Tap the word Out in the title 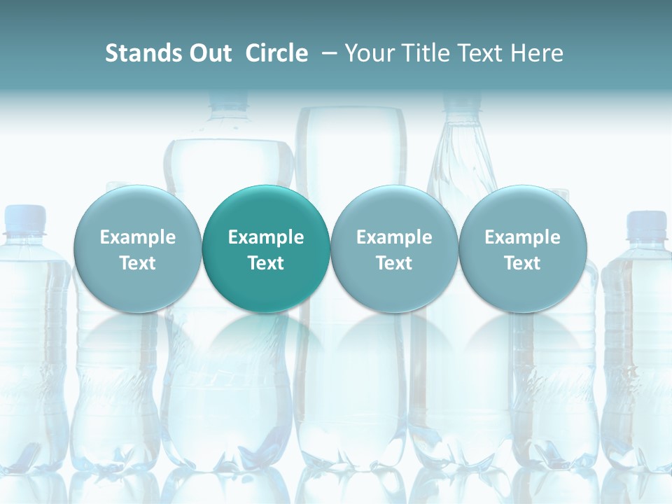[209, 53]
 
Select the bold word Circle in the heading [276, 53]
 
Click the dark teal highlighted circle [266, 249]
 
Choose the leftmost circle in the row [137, 249]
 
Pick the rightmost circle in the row [522, 249]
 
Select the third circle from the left [394, 249]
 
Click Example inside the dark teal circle [266, 237]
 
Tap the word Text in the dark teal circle [266, 263]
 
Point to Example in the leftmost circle [137, 237]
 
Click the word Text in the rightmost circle [522, 263]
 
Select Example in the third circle [394, 237]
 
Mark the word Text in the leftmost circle [137, 263]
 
